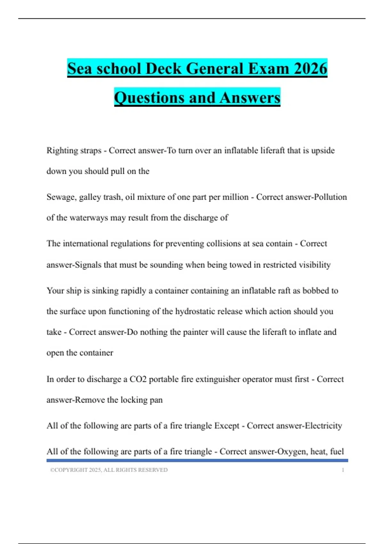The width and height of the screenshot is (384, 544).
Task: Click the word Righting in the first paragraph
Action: click(61, 151)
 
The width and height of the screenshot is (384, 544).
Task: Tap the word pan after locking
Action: click(156, 400)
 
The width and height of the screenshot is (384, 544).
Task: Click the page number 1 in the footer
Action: click(343, 470)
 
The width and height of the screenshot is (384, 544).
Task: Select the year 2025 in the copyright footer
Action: click(95, 470)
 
